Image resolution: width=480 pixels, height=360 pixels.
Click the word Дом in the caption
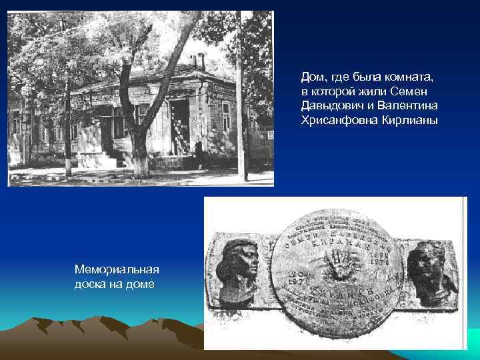311,77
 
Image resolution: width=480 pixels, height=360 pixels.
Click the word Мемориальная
117,271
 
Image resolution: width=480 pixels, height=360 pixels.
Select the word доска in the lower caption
92,285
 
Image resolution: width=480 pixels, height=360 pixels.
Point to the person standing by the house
198,153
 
